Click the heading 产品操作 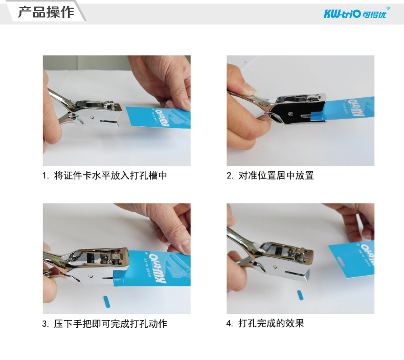(x=46, y=12)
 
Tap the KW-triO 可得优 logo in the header (x=355, y=14)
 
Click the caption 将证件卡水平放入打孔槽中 (x=110, y=175)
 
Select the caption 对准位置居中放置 (x=276, y=175)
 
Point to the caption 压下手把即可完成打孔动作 (x=110, y=324)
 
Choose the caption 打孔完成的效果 (x=271, y=323)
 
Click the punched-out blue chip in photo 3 (x=106, y=302)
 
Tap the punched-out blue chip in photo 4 (x=300, y=295)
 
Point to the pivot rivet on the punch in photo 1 (x=92, y=117)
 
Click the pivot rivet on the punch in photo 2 (x=290, y=114)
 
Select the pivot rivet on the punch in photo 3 (x=90, y=276)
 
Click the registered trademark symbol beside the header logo (x=388, y=8)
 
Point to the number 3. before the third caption (x=46, y=324)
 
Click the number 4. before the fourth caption (x=230, y=323)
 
